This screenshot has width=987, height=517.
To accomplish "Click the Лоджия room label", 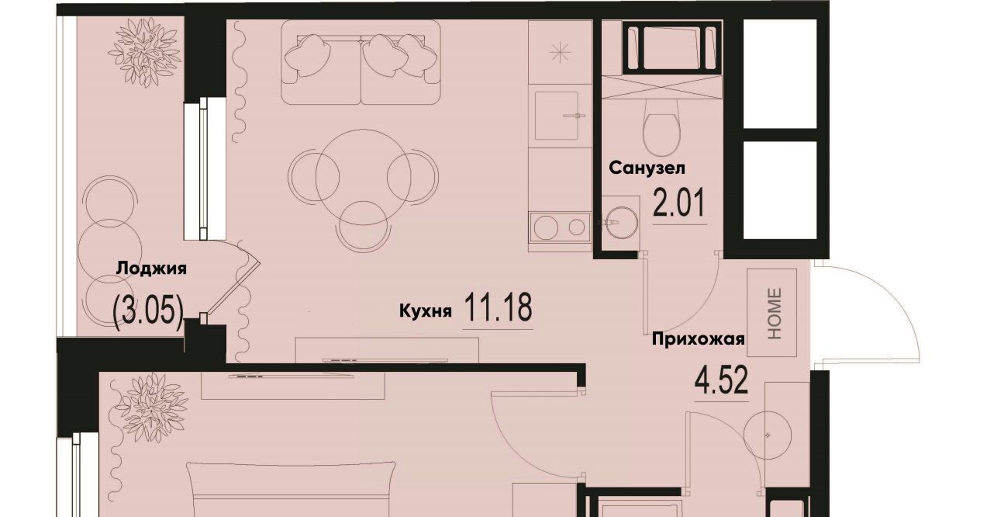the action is click(151, 269).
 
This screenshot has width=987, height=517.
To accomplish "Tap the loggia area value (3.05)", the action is click(149, 309).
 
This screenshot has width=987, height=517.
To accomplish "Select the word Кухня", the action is click(425, 311).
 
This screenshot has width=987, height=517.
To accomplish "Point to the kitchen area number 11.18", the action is click(498, 307).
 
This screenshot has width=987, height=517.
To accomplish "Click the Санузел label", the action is click(647, 168).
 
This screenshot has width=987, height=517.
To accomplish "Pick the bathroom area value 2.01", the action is click(679, 203).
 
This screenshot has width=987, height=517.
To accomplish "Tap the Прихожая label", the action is click(698, 339).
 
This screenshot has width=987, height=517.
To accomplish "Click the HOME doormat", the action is click(772, 313).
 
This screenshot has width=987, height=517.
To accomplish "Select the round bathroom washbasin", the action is click(621, 223).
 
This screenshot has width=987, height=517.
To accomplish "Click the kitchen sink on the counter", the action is click(557, 116).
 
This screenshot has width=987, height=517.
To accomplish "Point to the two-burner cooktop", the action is click(560, 227).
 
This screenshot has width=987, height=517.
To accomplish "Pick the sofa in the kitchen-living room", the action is click(361, 62).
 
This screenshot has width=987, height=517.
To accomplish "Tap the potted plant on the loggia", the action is click(144, 52).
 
